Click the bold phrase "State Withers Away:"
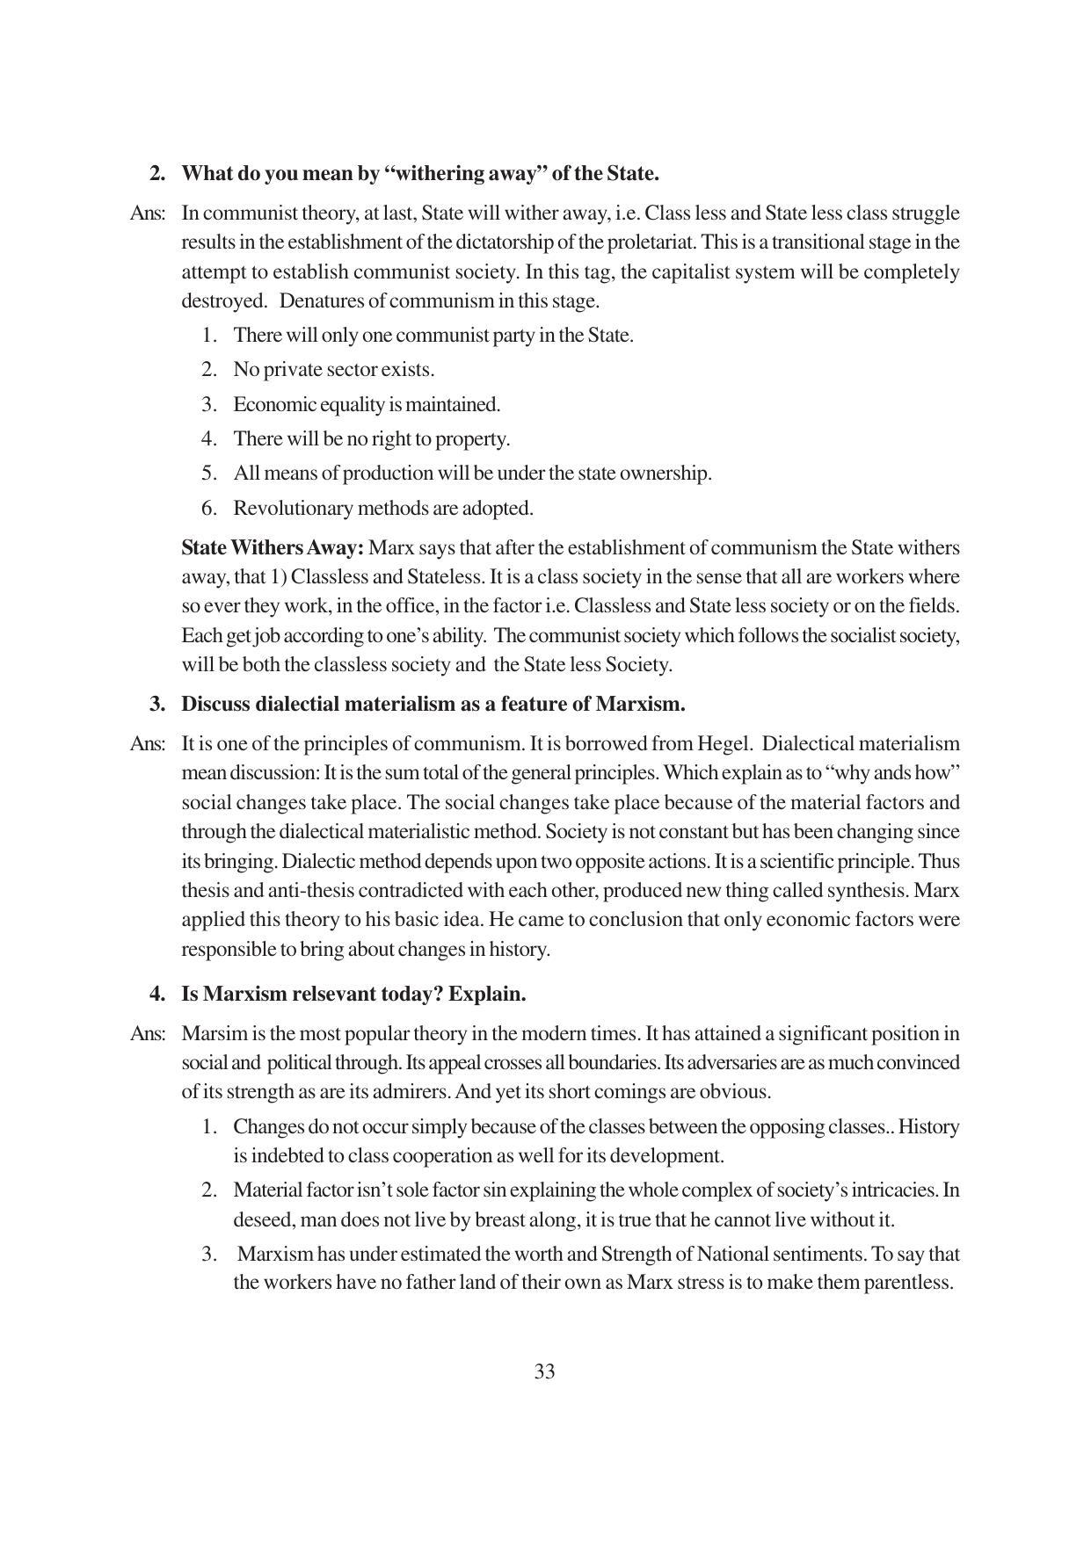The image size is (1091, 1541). (x=273, y=547)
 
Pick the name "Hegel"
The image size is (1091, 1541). (x=726, y=743)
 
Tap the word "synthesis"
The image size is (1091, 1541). (x=867, y=890)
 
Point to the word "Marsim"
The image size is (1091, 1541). (x=211, y=1033)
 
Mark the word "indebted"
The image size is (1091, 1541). (x=289, y=1155)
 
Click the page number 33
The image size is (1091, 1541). (x=544, y=1371)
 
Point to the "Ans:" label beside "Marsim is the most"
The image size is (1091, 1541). (x=148, y=1033)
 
